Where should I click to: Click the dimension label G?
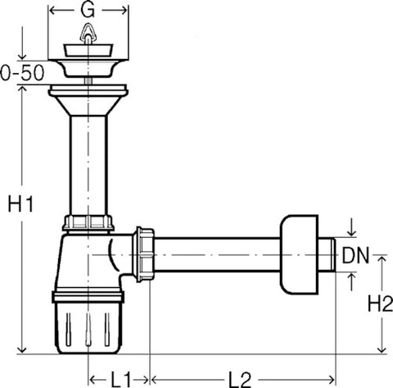tap(88, 11)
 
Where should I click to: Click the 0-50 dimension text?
tap(22, 73)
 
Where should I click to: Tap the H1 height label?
tap(20, 203)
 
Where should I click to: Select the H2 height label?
tap(380, 304)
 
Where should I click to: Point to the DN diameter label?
tap(355, 255)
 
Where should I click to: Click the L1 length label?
tap(120, 380)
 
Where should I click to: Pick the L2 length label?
tap(239, 380)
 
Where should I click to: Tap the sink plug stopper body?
tap(88, 50)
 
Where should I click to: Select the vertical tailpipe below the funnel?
tap(88, 166)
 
